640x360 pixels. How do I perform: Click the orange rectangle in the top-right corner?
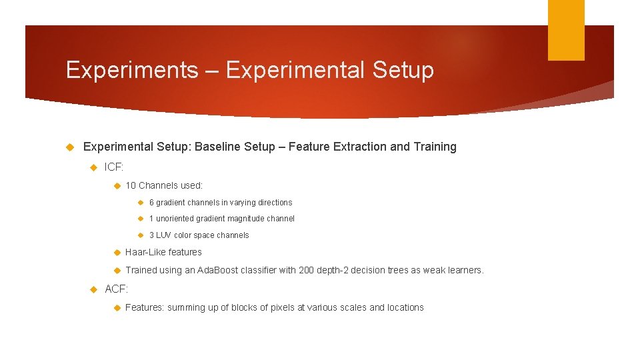pos(566,30)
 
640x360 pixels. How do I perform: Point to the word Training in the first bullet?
pos(435,147)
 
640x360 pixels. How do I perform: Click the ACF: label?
pos(117,289)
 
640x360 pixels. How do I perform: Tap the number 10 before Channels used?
pos(131,185)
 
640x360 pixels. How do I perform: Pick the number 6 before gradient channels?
pos(151,203)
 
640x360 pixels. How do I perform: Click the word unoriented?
pos(175,219)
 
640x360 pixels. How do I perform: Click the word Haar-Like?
pos(146,252)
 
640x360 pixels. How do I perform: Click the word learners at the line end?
pos(463,270)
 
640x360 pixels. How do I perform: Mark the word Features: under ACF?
pos(145,307)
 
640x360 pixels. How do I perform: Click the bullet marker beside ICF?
pos(94,167)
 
